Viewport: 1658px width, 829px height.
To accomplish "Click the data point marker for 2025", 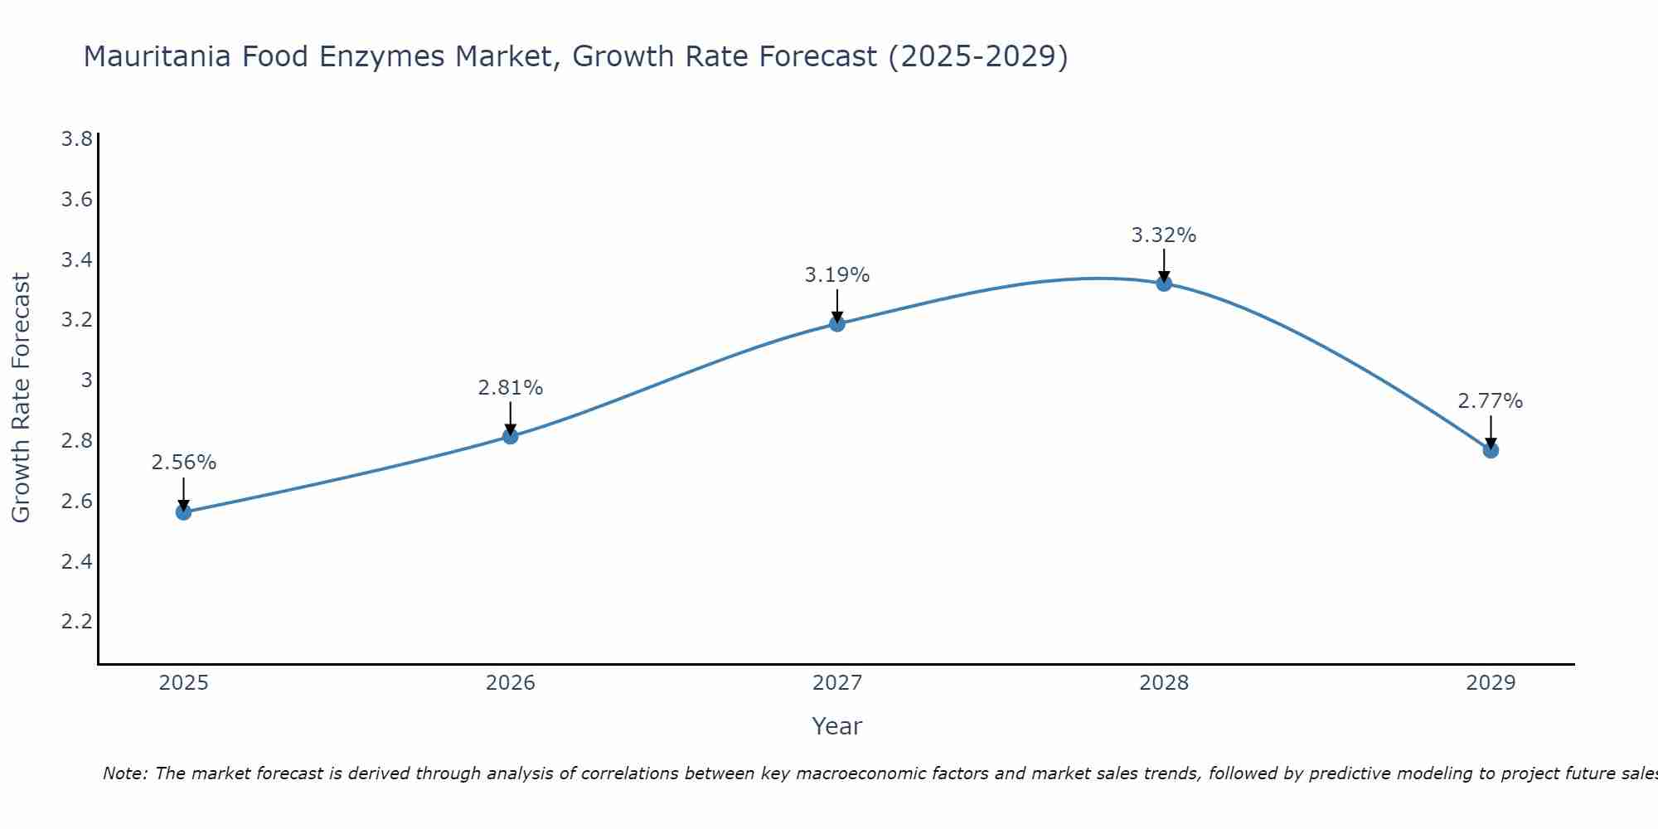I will click(183, 512).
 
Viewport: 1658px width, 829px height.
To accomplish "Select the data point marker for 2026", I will click(510, 436).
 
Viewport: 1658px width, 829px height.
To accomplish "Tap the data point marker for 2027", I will click(837, 323).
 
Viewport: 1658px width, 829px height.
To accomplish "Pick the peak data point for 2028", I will click(1164, 284).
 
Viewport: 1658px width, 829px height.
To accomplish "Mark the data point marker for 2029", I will click(1491, 450).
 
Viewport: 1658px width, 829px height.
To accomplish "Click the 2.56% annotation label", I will click(183, 463).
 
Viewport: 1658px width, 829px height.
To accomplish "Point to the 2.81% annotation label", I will click(510, 387).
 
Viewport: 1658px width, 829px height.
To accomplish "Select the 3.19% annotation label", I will click(837, 274).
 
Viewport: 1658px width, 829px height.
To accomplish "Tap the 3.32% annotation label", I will click(1164, 235).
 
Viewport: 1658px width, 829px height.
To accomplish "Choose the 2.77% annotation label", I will click(1491, 401).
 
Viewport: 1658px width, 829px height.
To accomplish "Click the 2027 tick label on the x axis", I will click(837, 683).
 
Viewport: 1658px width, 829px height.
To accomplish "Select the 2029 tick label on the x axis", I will click(1491, 683).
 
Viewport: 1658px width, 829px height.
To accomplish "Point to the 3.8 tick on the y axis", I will click(76, 138).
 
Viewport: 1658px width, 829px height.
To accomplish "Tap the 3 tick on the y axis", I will click(85, 381).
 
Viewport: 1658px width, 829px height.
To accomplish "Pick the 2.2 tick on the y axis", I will click(76, 622).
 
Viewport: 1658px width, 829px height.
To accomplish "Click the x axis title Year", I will click(837, 726).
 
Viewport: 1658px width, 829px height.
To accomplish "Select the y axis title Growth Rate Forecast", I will click(21, 398).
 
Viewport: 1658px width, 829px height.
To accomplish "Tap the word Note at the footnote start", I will click(124, 773).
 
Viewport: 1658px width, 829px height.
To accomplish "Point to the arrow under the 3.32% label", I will click(1164, 265).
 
